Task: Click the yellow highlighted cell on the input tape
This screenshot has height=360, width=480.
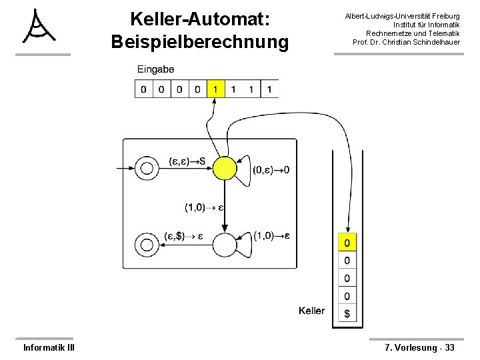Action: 215,89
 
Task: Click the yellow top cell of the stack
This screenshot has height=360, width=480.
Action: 347,241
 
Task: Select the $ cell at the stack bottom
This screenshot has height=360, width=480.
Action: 347,313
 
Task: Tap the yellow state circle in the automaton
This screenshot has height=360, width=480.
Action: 225,169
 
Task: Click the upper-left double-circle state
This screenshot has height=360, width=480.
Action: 146,169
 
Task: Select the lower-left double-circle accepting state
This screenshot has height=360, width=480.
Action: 146,244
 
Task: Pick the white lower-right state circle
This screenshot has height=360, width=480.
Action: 225,245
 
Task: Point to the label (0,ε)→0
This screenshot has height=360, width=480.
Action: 271,170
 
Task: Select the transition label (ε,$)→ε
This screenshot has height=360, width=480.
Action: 183,236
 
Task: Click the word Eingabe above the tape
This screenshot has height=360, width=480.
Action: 156,69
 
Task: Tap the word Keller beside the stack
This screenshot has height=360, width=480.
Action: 311,311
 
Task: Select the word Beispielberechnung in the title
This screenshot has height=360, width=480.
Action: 201,42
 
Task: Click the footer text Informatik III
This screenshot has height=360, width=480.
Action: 49,347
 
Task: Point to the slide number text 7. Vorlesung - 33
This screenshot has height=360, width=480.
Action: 420,347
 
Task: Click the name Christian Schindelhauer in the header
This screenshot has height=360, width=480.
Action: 425,42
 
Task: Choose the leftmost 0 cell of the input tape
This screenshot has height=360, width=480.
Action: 143,89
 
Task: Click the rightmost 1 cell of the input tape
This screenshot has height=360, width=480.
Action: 269,89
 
